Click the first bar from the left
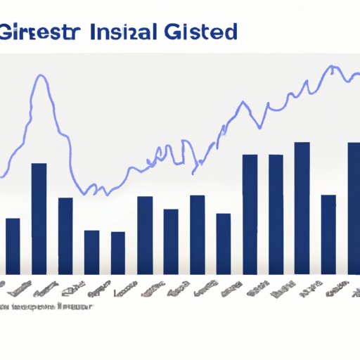tap(13, 246)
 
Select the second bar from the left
tap(39, 219)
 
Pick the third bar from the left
tap(65, 236)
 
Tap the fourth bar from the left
tap(91, 252)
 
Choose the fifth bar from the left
tap(117, 252)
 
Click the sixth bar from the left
tap(144, 235)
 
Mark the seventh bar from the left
tap(171, 241)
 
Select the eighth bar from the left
tap(197, 234)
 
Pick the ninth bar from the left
tap(223, 243)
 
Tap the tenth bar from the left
tap(250, 214)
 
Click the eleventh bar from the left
tap(276, 214)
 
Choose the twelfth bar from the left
tap(302, 208)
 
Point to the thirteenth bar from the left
tap(328, 234)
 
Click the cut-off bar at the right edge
tap(354, 208)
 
